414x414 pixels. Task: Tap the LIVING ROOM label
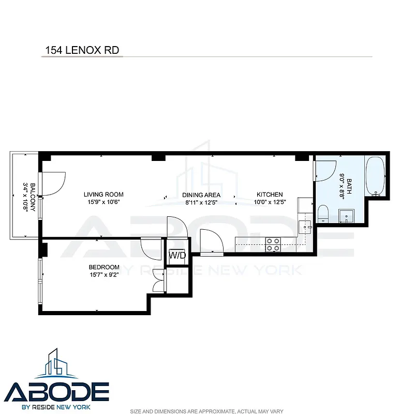click(103, 195)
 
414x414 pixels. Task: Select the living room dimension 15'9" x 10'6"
click(103, 202)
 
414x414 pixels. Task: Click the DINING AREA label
click(201, 195)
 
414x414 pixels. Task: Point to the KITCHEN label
click(269, 195)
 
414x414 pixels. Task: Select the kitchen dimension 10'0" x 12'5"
click(269, 202)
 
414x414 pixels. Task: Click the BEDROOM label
click(104, 267)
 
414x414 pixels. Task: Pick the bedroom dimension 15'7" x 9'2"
click(104, 274)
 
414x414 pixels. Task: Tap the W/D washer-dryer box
click(177, 255)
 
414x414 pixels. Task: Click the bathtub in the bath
click(376, 176)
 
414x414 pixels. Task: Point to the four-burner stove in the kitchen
click(273, 244)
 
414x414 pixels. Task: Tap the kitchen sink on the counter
click(305, 226)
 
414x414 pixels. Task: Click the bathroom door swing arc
click(325, 171)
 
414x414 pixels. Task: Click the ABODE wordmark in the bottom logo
click(57, 391)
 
